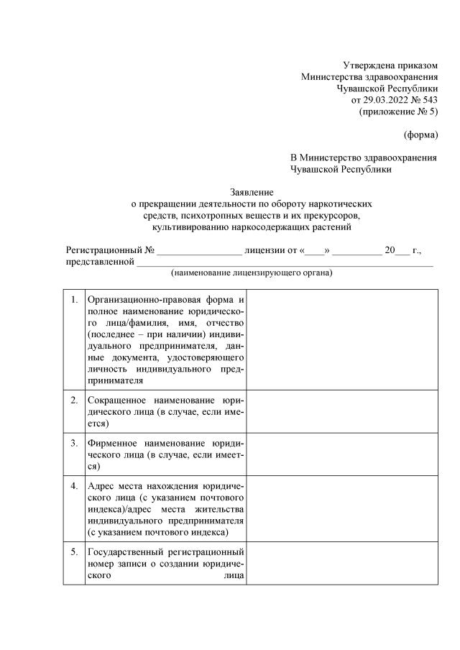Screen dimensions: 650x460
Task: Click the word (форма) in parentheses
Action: pos(420,135)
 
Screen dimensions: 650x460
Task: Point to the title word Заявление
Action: pos(252,193)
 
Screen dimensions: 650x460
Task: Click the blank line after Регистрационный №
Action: pos(200,251)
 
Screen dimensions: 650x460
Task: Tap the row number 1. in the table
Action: pos(74,299)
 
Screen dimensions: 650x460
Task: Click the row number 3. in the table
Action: pos(74,442)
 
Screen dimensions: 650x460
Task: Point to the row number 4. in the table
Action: pos(74,485)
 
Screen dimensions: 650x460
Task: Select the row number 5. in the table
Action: pos(74,552)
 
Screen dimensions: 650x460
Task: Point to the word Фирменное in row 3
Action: pos(113,442)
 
